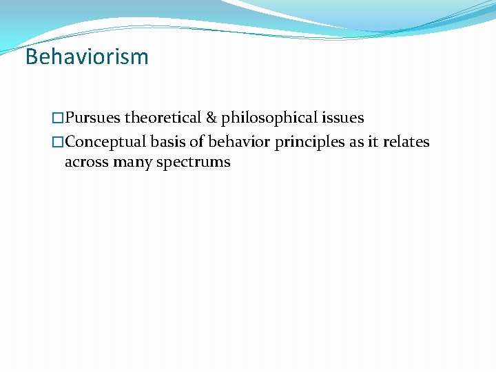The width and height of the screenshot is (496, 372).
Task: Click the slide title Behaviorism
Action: [87, 56]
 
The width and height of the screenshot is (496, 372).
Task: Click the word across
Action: [86, 163]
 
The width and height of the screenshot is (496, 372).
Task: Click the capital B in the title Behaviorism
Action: [31, 56]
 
